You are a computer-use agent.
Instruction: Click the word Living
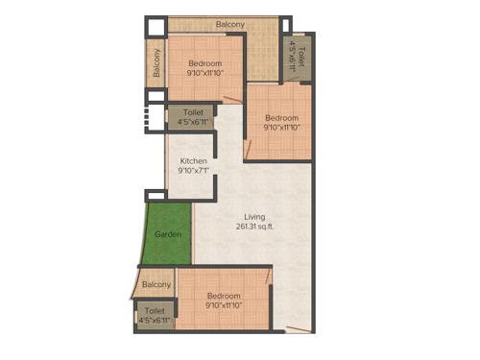click(x=253, y=217)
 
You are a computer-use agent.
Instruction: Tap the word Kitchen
click(x=193, y=160)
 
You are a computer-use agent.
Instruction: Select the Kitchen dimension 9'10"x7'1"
click(x=193, y=171)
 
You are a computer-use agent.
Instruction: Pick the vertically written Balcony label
click(x=156, y=64)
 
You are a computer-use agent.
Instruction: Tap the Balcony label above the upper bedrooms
click(x=229, y=24)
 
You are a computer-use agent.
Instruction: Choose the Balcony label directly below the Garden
click(x=156, y=284)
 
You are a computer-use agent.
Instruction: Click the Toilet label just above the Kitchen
click(x=193, y=112)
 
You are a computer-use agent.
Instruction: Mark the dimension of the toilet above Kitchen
click(x=193, y=123)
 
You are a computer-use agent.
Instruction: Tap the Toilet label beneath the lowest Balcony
click(x=154, y=310)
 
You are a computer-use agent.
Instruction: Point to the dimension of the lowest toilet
click(x=154, y=320)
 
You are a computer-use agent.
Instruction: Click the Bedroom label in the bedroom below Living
click(x=224, y=297)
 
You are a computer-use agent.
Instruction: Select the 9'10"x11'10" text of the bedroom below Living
click(x=224, y=307)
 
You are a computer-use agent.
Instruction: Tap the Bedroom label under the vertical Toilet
click(x=281, y=118)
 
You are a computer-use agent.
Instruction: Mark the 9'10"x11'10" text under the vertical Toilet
click(x=281, y=129)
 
